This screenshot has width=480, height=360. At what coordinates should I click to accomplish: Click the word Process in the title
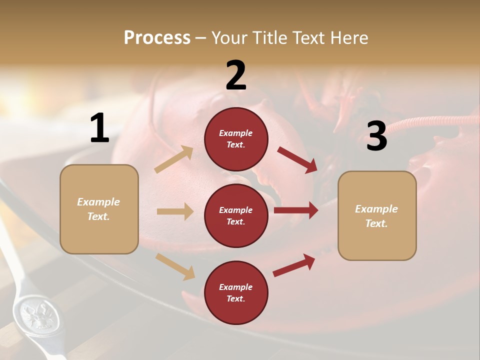pyautogui.click(x=157, y=38)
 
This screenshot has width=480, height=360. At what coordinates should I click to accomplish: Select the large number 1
pyautogui.click(x=99, y=128)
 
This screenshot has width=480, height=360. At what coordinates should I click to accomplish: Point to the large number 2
pyautogui.click(x=236, y=75)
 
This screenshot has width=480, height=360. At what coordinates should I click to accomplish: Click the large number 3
pyautogui.click(x=376, y=136)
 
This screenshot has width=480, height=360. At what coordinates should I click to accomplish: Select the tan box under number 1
pyautogui.click(x=99, y=209)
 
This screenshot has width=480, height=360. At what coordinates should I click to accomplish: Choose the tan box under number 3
pyautogui.click(x=377, y=216)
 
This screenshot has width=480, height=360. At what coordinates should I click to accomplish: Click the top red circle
pyautogui.click(x=236, y=139)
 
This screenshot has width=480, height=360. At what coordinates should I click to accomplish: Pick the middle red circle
pyautogui.click(x=236, y=215)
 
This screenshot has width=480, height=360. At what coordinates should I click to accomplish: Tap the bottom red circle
pyautogui.click(x=236, y=292)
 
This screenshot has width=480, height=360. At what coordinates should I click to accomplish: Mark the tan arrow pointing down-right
pyautogui.click(x=175, y=266)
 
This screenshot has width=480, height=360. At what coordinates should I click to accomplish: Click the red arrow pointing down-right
pyautogui.click(x=297, y=160)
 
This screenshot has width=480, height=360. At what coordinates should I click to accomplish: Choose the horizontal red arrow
pyautogui.click(x=296, y=210)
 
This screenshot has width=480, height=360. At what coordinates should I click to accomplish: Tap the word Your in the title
pyautogui.click(x=230, y=38)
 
